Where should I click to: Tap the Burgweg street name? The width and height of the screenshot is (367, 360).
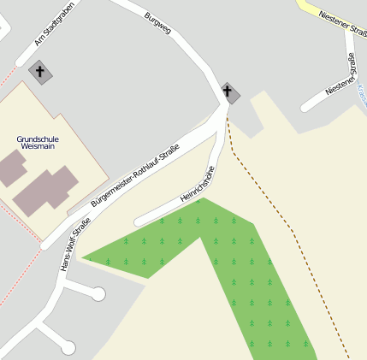tap(158, 22)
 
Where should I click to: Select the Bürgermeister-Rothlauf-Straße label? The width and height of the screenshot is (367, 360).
tap(135, 177)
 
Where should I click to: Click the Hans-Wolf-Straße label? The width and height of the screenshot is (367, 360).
tap(75, 246)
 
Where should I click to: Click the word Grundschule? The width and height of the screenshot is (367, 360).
tap(37, 139)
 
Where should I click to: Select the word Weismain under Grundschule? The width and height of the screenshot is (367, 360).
tap(36, 147)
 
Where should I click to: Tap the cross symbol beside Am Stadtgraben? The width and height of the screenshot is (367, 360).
tap(38, 71)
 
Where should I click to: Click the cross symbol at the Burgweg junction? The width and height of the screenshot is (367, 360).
tap(228, 91)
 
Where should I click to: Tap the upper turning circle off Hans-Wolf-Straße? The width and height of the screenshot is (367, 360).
tap(98, 294)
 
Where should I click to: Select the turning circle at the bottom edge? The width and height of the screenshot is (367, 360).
tap(68, 348)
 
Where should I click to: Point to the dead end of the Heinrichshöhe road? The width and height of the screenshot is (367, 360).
tap(138, 221)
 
